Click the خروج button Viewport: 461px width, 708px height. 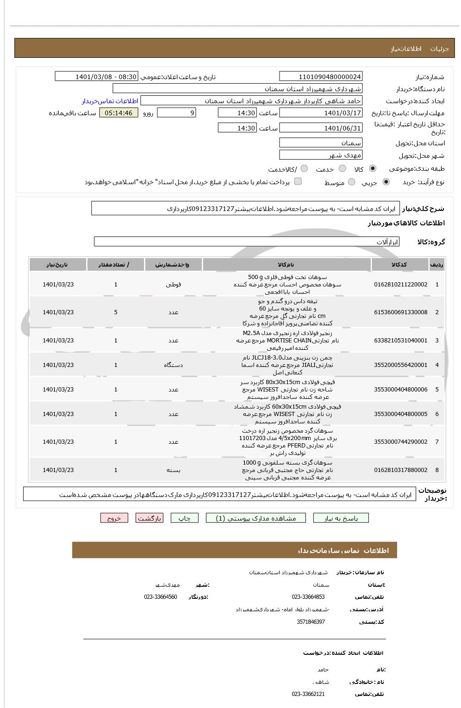(x=114, y=518)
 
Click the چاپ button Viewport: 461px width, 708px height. (x=184, y=518)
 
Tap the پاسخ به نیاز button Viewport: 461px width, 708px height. (x=341, y=518)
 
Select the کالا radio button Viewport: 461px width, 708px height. (x=373, y=169)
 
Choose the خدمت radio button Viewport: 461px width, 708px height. (x=343, y=169)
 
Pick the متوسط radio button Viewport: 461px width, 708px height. (x=352, y=182)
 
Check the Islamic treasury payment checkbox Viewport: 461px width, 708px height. (x=298, y=181)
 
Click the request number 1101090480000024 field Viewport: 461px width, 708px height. (x=321, y=77)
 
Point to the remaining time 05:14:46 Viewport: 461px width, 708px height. (x=118, y=113)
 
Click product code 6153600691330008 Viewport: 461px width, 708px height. (x=401, y=312)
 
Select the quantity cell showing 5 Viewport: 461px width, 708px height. (x=116, y=312)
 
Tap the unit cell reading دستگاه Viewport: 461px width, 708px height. (x=173, y=365)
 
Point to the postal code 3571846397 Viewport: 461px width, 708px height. (x=311, y=622)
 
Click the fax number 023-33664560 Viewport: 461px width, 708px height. (x=160, y=597)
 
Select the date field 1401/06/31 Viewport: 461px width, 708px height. (x=321, y=128)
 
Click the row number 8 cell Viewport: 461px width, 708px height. (x=436, y=470)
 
